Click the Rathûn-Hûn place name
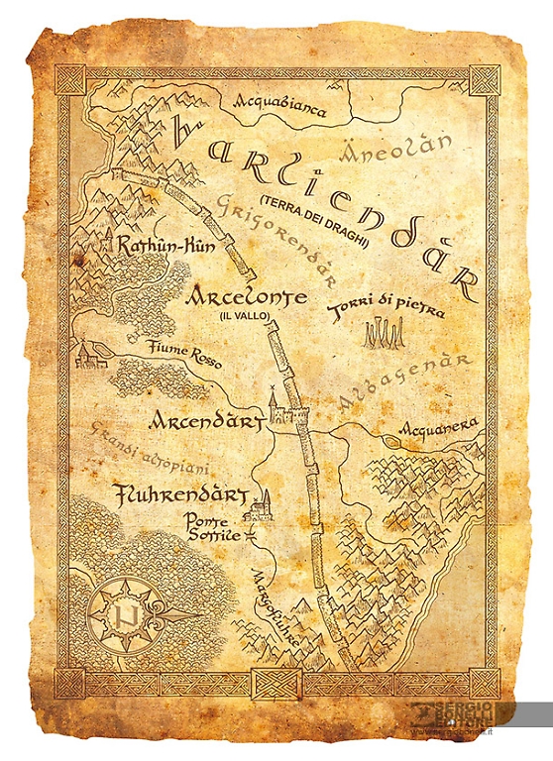pyautogui.click(x=166, y=248)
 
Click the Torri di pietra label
pyautogui.click(x=387, y=310)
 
